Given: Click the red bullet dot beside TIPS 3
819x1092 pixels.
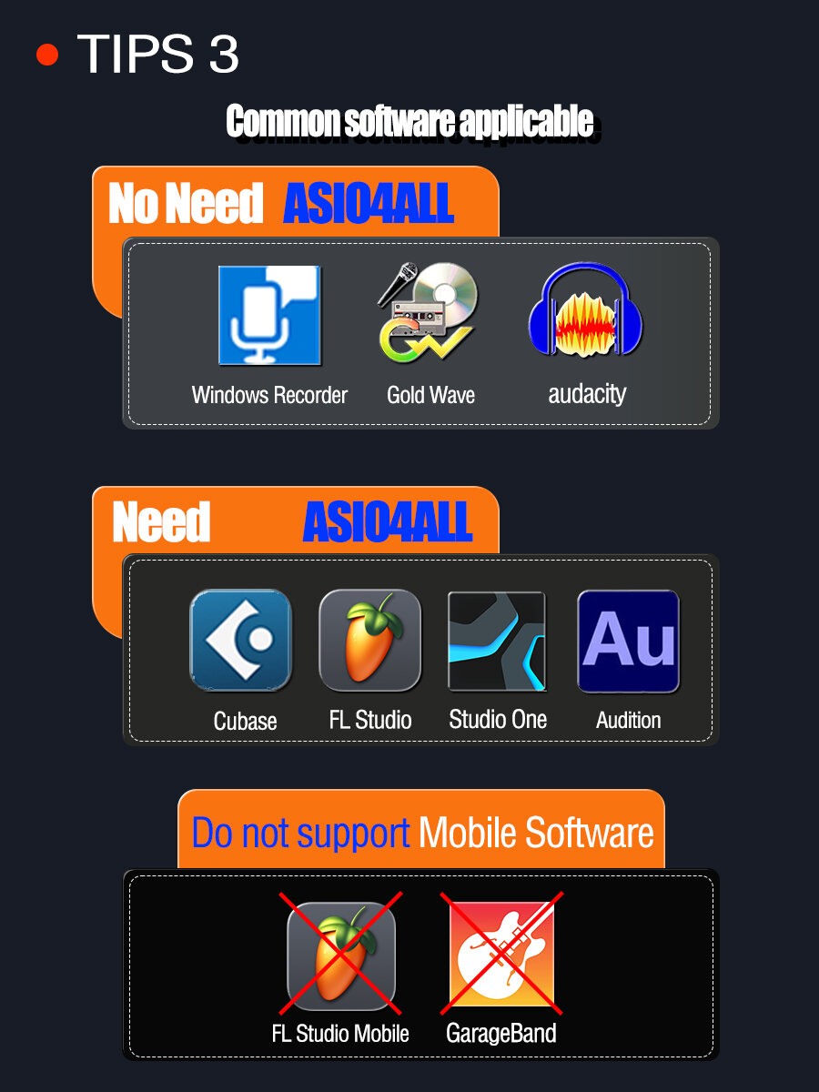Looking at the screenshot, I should pos(47,56).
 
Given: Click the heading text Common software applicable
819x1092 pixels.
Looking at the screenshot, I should pos(409,122).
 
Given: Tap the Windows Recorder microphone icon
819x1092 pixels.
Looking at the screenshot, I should pos(269,315).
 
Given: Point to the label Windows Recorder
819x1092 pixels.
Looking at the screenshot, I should pos(269,395).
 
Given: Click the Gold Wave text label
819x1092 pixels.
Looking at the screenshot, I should pos(430,395).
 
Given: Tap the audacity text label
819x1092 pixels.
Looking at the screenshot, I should pos(587,394).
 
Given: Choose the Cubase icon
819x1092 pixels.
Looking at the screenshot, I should pos(240,640).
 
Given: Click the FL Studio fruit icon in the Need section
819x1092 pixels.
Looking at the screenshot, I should pos(369,640).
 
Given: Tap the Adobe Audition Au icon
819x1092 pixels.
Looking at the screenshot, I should pos(628,641).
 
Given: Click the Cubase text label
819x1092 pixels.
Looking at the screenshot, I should pos(245,721).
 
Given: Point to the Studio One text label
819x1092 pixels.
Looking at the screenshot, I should pos(498,720).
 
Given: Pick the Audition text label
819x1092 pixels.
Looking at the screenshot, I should pos(628,721).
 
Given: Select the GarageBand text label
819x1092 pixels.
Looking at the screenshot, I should pos(500,1034).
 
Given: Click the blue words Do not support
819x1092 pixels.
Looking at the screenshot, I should pos(300,834).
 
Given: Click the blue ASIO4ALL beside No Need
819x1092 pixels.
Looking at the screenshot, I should pos(369,203).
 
